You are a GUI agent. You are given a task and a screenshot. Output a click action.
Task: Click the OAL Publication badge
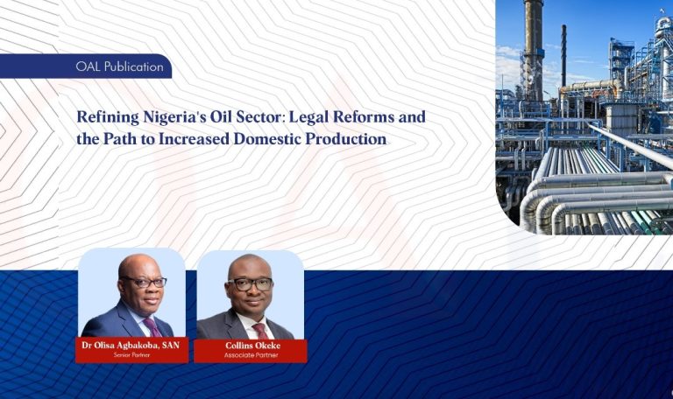(119, 66)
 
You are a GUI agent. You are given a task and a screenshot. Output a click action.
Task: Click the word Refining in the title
(106, 116)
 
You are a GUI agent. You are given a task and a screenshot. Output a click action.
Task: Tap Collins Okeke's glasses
(250, 283)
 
